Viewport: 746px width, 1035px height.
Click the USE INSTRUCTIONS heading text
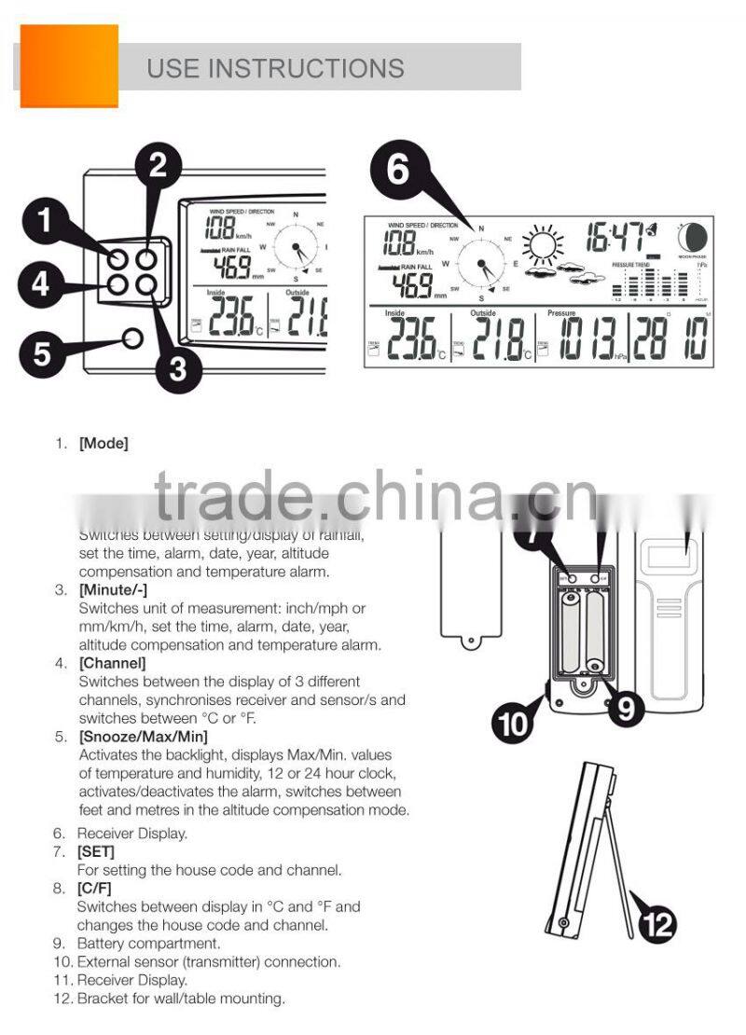[x=275, y=68]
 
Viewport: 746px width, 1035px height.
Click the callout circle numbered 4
[x=39, y=283]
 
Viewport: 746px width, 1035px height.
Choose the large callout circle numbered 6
[x=399, y=172]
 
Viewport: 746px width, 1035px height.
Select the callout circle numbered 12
[x=656, y=925]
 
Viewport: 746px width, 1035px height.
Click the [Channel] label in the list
[x=112, y=663]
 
